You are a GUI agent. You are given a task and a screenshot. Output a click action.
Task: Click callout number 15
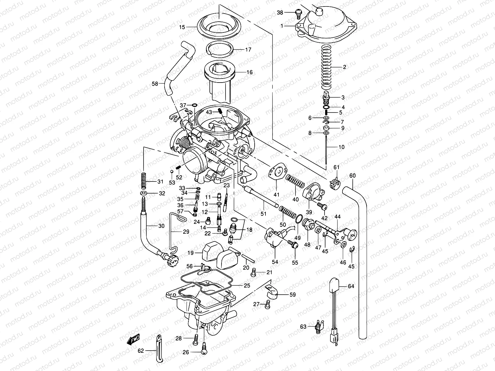tap(182, 27)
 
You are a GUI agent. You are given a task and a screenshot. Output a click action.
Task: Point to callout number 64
tap(351, 286)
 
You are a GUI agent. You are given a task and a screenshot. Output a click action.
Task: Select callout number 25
tap(247, 285)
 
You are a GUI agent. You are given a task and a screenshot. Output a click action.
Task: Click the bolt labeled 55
tap(294, 245)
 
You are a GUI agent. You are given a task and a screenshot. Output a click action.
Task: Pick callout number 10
tap(341, 147)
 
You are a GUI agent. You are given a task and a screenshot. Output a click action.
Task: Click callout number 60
tap(352, 176)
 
